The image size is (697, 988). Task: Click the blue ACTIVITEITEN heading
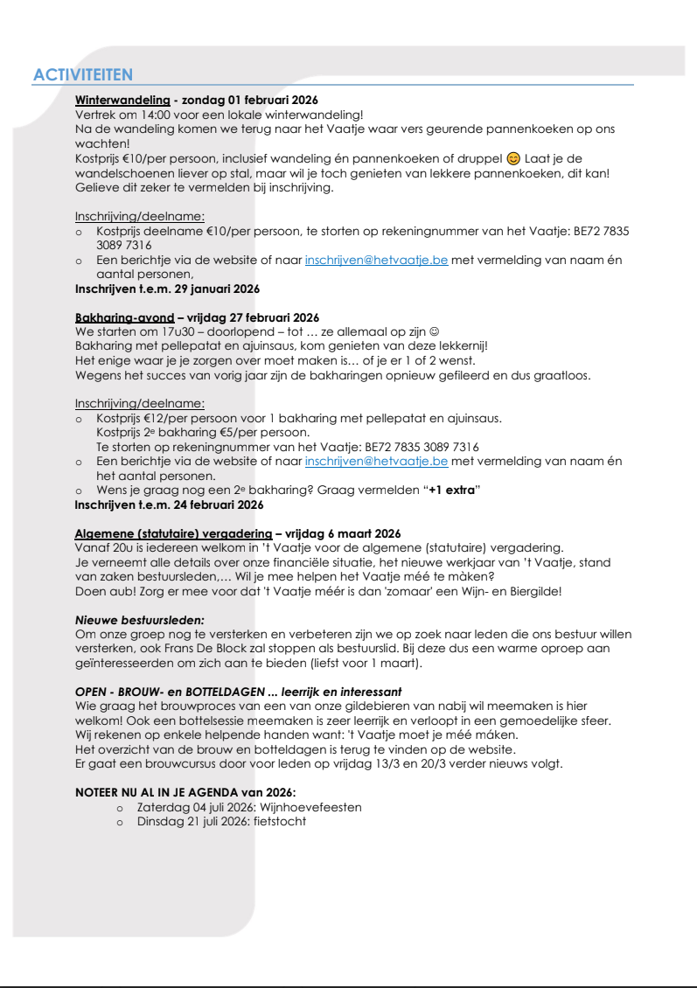point(82,76)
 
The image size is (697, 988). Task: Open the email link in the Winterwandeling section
point(376,260)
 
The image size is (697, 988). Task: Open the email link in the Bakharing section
point(376,461)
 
